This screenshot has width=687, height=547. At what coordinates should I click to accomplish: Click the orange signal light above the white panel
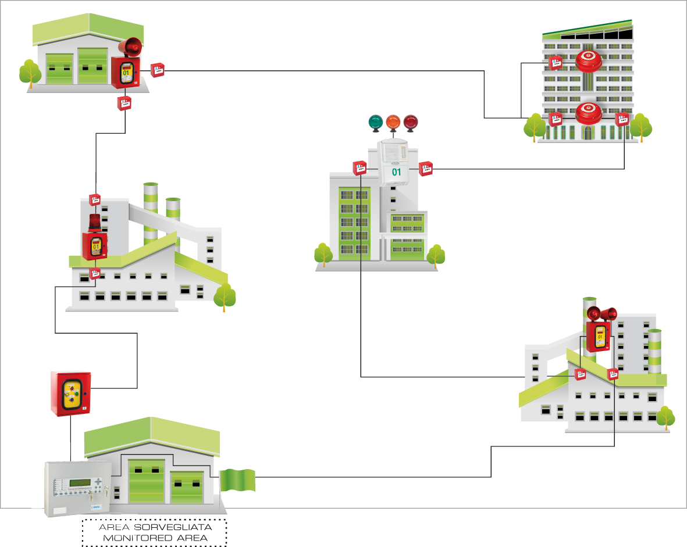[x=393, y=122]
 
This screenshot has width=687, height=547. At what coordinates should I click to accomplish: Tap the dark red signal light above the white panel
[x=411, y=122]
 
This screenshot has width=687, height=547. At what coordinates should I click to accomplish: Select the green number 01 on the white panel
[x=396, y=172]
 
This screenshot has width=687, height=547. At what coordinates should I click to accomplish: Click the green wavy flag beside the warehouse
[x=237, y=480]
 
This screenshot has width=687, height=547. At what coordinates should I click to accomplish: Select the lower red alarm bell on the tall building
[x=588, y=113]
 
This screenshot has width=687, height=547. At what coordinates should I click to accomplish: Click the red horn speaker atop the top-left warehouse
[x=130, y=47]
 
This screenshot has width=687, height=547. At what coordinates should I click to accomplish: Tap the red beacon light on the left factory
[x=94, y=223]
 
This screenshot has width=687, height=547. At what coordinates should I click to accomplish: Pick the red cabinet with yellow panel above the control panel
[x=69, y=394]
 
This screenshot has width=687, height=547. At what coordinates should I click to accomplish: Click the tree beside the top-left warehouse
[x=30, y=73]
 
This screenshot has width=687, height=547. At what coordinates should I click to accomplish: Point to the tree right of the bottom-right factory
[x=665, y=417]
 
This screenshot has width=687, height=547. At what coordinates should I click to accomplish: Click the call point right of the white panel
[x=426, y=169]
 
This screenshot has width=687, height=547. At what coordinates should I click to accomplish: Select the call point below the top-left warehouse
[x=124, y=103]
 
